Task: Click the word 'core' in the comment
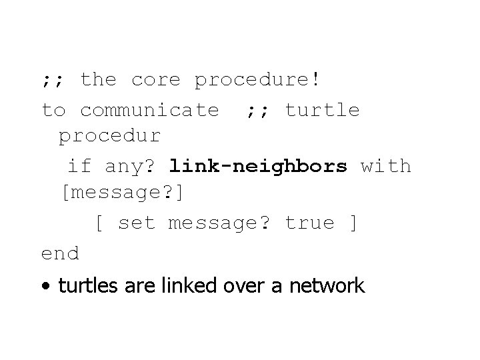155,80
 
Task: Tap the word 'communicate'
149,109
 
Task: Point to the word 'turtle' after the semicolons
322,109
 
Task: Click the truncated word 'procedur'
110,137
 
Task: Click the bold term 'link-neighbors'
258,165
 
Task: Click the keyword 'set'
136,223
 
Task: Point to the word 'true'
309,223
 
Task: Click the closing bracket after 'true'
353,223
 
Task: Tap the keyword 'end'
60,253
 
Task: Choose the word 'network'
326,286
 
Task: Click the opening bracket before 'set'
98,223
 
